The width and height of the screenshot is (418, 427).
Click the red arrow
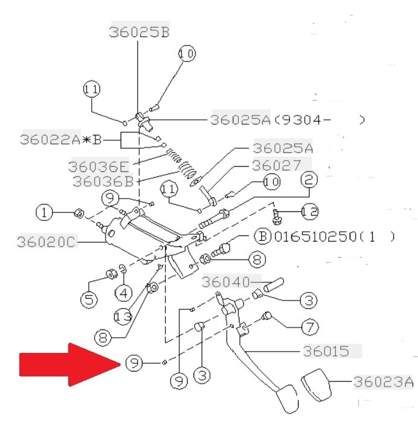[x=70, y=364]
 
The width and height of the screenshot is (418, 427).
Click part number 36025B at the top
[x=139, y=32]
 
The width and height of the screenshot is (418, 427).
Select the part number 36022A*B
[x=60, y=140]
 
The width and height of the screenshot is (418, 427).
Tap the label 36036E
[x=99, y=166]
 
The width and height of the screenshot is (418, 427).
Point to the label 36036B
[x=103, y=181]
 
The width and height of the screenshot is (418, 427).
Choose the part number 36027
[x=276, y=165]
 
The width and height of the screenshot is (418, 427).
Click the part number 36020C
[x=46, y=242]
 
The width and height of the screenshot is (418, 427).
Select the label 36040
[x=226, y=282]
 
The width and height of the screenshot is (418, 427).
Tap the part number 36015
[x=326, y=351]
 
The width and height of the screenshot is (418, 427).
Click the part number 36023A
[x=384, y=382]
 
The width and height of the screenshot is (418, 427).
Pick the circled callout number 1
[x=44, y=213]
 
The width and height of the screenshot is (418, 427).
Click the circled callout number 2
[x=309, y=179]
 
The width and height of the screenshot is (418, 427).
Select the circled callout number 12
[x=310, y=211]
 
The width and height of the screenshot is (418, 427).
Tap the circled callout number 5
[x=89, y=299]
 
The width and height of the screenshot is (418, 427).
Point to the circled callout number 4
[x=124, y=293]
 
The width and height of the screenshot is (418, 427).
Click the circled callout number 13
[x=123, y=316]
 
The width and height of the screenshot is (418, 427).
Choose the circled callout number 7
[x=310, y=327]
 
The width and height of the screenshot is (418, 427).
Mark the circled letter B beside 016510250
[x=262, y=236]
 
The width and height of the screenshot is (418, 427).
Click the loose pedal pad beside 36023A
[x=317, y=385]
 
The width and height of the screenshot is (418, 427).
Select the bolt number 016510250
[x=315, y=236]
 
